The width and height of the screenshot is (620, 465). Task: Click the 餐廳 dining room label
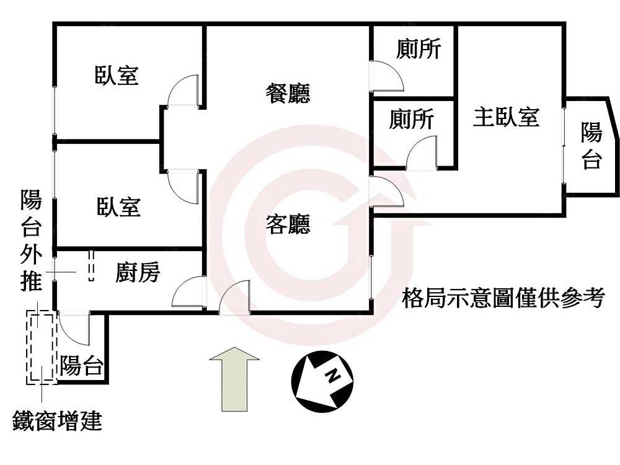pyautogui.click(x=288, y=94)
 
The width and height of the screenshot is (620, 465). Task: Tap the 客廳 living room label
pyautogui.click(x=288, y=224)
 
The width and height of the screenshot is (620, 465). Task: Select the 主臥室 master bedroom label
pyautogui.click(x=506, y=117)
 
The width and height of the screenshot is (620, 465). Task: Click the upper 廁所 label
pyautogui.click(x=418, y=49)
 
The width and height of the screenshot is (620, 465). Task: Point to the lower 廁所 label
pyautogui.click(x=412, y=119)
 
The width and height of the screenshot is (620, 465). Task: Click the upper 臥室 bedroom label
pyautogui.click(x=117, y=75)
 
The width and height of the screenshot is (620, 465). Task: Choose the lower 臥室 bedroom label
pyautogui.click(x=118, y=206)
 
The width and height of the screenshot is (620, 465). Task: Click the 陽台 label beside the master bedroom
pyautogui.click(x=591, y=146)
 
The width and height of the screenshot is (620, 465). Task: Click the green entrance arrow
pyautogui.click(x=234, y=378)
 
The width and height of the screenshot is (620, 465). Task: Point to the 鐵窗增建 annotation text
pyautogui.click(x=57, y=422)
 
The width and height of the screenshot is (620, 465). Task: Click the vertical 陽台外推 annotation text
pyautogui.click(x=31, y=242)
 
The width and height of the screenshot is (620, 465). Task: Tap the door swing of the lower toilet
pyautogui.click(x=422, y=154)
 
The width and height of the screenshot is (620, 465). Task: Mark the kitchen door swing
pyautogui.click(x=189, y=291)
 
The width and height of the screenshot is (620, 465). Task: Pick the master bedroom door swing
pyautogui.click(x=386, y=192)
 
